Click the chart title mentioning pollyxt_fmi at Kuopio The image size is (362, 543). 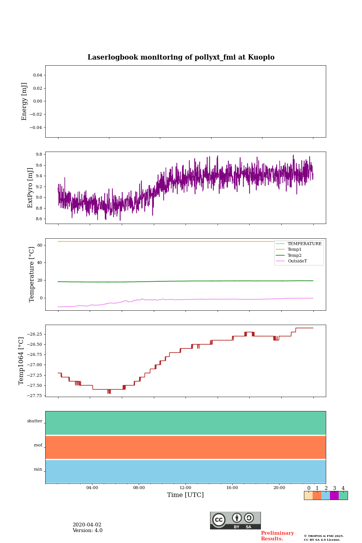[181, 57]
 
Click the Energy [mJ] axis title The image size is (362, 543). [25, 101]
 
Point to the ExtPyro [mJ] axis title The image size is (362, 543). [31, 188]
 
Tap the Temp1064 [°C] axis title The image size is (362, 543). [21, 361]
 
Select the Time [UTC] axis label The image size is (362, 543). [186, 495]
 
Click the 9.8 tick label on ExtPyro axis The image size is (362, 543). [39, 155]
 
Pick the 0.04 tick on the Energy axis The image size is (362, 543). [37, 75]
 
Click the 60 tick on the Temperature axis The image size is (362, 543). [40, 245]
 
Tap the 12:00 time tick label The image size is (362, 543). [186, 488]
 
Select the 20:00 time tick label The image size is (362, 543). [279, 488]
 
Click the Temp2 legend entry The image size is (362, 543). [295, 255]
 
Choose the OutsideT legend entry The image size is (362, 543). [297, 261]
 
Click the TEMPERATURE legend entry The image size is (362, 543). [304, 244]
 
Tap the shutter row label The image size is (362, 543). [35, 421]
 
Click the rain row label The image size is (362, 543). [38, 469]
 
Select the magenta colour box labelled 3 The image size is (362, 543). [334, 495]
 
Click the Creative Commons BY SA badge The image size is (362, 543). [235, 520]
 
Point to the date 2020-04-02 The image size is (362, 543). [87, 525]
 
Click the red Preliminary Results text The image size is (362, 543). [277, 536]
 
